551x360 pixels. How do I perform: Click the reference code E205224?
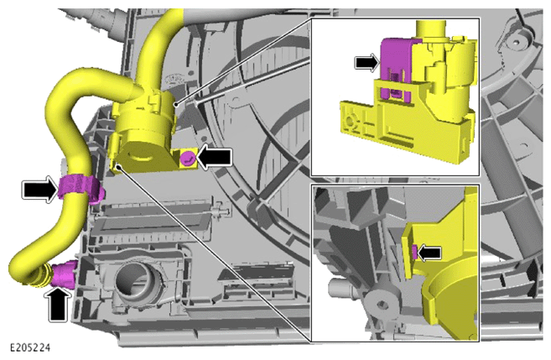click(30, 347)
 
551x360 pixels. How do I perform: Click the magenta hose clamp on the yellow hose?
click(81, 187)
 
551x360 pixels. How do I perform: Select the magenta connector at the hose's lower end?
click(64, 274)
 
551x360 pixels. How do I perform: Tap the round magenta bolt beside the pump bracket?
click(188, 157)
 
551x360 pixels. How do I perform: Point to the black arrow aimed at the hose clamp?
click(39, 190)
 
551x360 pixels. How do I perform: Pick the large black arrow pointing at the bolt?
click(214, 156)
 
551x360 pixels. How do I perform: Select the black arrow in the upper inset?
click(366, 63)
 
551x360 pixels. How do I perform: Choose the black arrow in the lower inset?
click(429, 252)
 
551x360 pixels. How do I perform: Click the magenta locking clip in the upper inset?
click(396, 67)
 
